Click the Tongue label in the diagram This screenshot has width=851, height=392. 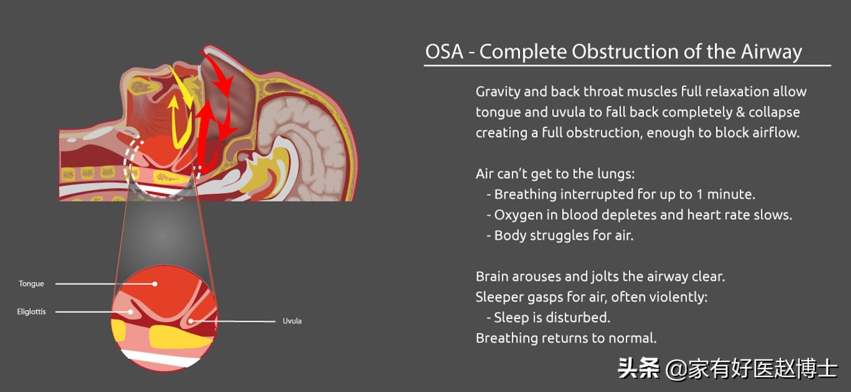click(31, 284)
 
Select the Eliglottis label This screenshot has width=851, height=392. click(31, 311)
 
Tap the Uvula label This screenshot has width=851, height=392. click(292, 321)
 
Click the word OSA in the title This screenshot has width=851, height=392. click(444, 52)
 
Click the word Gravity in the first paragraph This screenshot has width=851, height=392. click(498, 92)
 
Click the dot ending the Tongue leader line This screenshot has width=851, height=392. click(155, 284)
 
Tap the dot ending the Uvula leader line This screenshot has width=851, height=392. click(191, 321)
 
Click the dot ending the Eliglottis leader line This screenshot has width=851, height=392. click(130, 312)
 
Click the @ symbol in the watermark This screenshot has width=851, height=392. click(676, 369)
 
